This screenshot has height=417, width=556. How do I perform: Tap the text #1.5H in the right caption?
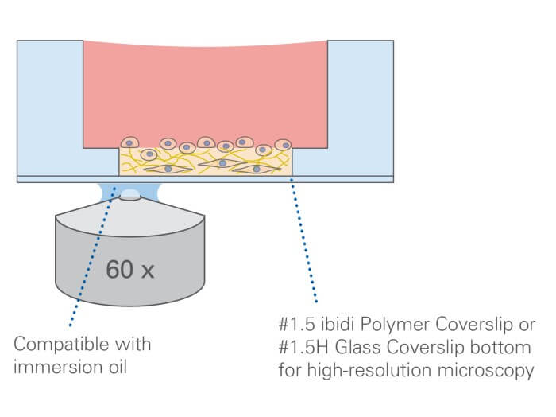point(302,348)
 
